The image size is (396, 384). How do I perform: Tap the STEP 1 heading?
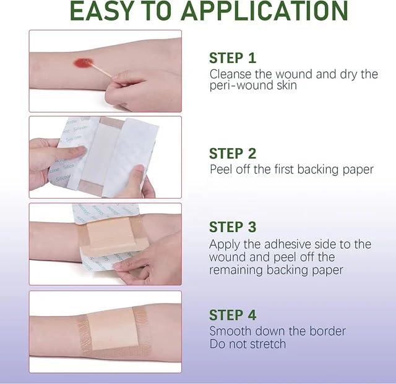pos(233,58)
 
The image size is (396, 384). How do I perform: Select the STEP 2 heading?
pos(233,153)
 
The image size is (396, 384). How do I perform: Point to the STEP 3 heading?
pos(233,227)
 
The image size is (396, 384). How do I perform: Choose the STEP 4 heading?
pos(233,315)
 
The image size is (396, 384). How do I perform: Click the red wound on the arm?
pos(82,62)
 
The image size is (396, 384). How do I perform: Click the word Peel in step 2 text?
pos(221,169)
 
